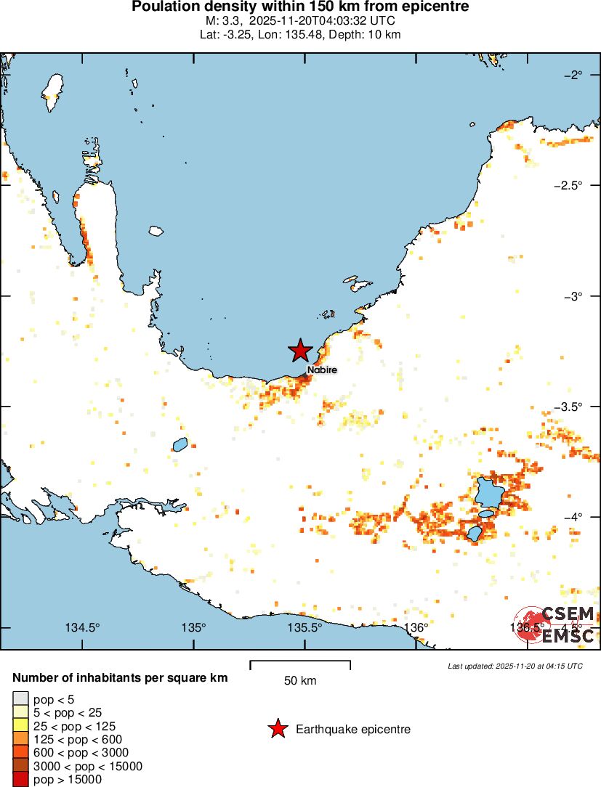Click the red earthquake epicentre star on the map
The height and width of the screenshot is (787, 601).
coord(299,351)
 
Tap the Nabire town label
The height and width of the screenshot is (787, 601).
coord(321,370)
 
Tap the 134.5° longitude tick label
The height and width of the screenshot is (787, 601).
coord(83,628)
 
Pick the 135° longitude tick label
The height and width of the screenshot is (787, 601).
coord(193,628)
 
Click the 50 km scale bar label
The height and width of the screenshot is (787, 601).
coord(299,681)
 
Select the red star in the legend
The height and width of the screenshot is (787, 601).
coord(277,729)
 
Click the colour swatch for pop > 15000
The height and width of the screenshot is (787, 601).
coord(19,780)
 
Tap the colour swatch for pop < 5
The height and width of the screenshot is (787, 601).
coord(19,700)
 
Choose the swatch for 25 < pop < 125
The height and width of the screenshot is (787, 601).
coord(19,726)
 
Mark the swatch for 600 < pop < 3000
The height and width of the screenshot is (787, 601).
coord(19,753)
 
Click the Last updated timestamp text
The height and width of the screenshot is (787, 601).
coord(515,666)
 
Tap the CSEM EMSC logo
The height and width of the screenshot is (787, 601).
coord(556,624)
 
